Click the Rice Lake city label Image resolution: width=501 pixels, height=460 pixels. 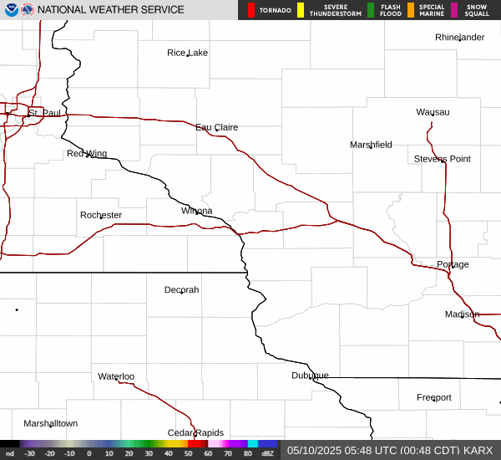click(187, 53)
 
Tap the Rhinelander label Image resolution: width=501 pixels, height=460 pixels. click(459, 38)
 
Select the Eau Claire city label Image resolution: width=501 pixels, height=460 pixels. click(217, 127)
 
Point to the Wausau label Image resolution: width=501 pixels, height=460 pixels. click(433, 112)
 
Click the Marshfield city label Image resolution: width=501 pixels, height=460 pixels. click(371, 145)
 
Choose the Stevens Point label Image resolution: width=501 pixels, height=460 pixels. click(443, 159)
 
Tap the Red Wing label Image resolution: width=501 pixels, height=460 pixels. click(87, 153)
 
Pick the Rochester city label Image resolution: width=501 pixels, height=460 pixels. click(101, 215)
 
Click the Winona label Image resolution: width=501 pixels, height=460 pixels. click(197, 211)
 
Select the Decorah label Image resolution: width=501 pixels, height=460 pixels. click(181, 289)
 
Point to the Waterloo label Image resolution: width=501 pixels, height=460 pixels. click(116, 376)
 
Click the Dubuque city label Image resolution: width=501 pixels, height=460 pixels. click(310, 375)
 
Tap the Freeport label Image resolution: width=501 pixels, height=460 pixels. click(434, 397)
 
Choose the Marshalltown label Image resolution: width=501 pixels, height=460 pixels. click(50, 423)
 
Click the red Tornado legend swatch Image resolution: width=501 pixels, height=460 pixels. click(251, 10)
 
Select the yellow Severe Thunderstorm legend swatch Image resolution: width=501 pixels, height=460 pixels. click(301, 10)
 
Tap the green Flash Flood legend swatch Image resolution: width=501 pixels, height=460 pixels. click(371, 10)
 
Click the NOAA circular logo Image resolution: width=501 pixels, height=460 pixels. click(10, 10)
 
